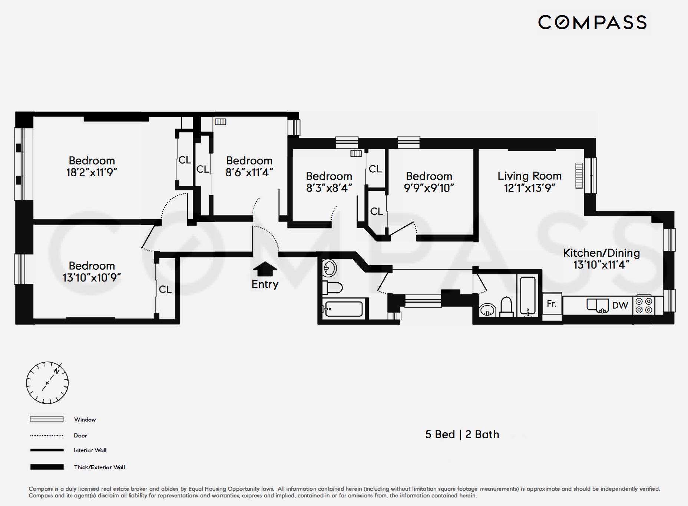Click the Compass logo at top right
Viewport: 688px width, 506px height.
pos(592,23)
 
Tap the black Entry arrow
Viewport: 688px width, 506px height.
pos(265,270)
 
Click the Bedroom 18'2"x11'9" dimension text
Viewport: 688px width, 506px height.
pos(92,173)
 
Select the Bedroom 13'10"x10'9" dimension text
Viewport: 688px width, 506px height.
pos(92,278)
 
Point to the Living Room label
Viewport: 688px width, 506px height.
pos(529,176)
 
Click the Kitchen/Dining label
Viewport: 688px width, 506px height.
pos(601,253)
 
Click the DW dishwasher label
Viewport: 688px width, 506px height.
pos(620,306)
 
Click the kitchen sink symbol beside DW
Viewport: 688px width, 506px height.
pos(598,306)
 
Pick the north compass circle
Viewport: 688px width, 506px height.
pos(47,383)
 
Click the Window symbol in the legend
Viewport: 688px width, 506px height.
pos(47,419)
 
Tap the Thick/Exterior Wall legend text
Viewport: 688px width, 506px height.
pos(99,467)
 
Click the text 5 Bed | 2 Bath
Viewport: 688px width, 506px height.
pos(462,435)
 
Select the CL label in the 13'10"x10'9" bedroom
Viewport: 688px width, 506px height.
pos(165,289)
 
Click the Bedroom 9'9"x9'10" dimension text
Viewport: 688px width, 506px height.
pos(429,188)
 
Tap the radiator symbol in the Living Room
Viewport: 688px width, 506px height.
pos(579,176)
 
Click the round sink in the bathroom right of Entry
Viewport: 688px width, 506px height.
pos(329,268)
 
